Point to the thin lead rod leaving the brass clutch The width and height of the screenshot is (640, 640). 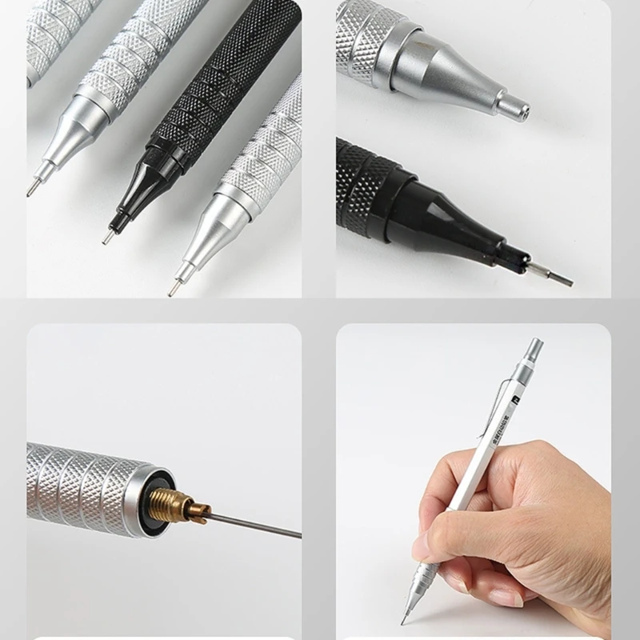pos(256,526)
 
